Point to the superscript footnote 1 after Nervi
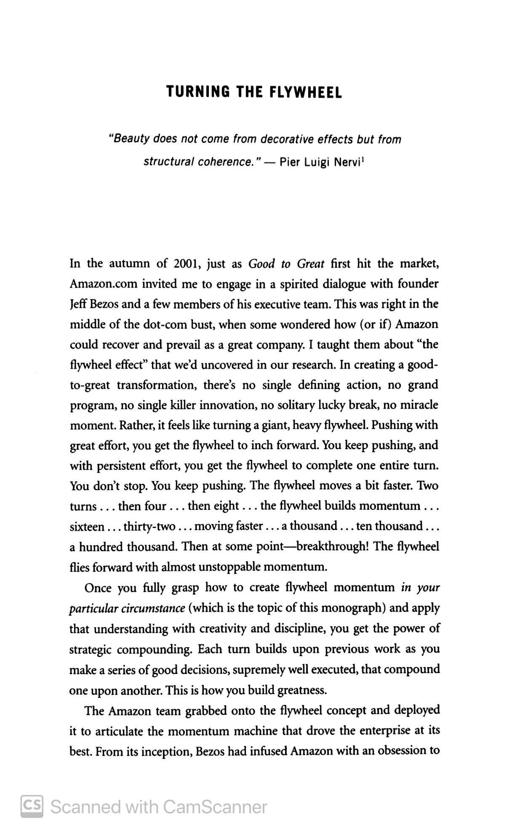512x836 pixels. click(363, 159)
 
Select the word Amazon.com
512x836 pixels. click(103, 284)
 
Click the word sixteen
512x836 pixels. click(87, 527)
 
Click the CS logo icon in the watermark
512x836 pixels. click(32, 806)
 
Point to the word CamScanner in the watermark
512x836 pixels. click(215, 807)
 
